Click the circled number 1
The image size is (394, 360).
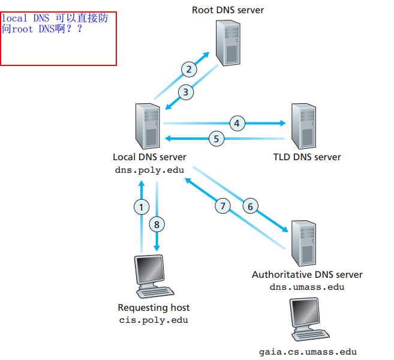coord(141,207)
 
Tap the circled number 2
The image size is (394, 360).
coord(189,70)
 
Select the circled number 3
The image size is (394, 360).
coord(186,92)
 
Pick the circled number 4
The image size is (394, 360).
coord(237,124)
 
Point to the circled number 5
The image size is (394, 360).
coord(216,139)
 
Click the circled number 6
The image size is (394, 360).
coord(251,206)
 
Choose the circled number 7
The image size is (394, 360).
coord(223,206)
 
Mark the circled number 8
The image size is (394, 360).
coord(157,225)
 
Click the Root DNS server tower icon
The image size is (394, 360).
coord(228,42)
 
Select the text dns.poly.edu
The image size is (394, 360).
coord(149,169)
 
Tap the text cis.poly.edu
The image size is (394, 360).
coord(154,320)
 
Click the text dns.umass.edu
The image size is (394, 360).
coord(307,287)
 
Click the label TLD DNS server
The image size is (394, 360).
coord(306,157)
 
